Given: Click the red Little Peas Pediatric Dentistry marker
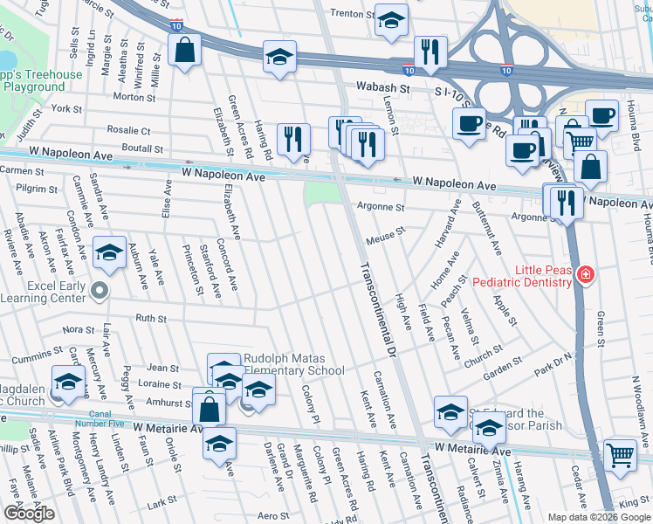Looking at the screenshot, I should click(x=584, y=277).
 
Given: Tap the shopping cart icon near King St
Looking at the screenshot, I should click(x=620, y=454).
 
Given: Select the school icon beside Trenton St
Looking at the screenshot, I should click(x=391, y=19).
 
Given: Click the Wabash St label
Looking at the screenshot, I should click(x=382, y=87).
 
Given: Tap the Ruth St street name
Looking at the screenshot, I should click(x=151, y=319).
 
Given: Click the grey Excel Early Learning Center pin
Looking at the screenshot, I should click(x=101, y=290).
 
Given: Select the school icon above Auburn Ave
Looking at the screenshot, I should click(x=109, y=252).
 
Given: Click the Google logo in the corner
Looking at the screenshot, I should click(x=29, y=514).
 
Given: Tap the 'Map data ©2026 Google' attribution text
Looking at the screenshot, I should click(x=599, y=517).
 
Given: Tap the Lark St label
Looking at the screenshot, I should click(x=162, y=504).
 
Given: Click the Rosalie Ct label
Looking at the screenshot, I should click(x=128, y=130).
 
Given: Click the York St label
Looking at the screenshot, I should click(x=66, y=109).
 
